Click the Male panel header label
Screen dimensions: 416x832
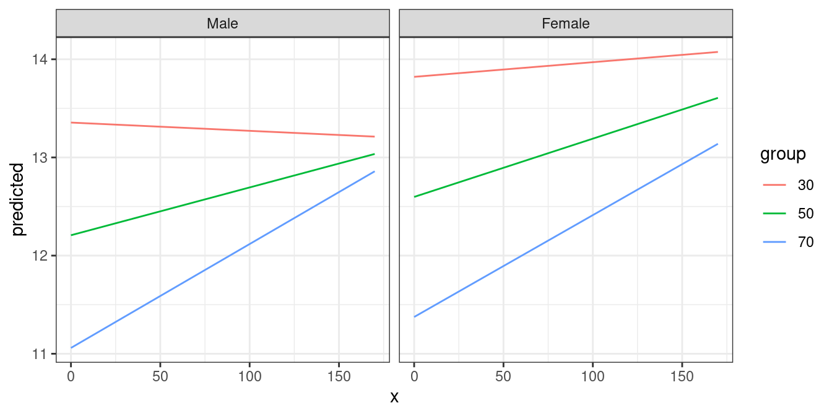(x=222, y=24)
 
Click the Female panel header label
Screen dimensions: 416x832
(x=565, y=24)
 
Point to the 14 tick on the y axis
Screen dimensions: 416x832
(x=43, y=59)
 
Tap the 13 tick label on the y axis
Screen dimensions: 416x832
(x=43, y=158)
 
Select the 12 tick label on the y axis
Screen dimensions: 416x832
(x=43, y=256)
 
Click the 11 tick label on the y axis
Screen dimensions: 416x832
(x=43, y=354)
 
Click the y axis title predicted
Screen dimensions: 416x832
(x=18, y=199)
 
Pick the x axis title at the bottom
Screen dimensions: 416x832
(x=394, y=397)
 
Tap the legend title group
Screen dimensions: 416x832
(x=783, y=154)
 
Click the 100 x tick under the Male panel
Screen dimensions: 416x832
(x=249, y=376)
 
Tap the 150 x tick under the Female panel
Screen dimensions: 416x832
(x=682, y=376)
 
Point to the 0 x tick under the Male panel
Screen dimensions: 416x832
(x=71, y=376)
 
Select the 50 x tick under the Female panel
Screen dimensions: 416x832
(x=503, y=376)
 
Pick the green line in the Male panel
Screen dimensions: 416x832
(x=223, y=201)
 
